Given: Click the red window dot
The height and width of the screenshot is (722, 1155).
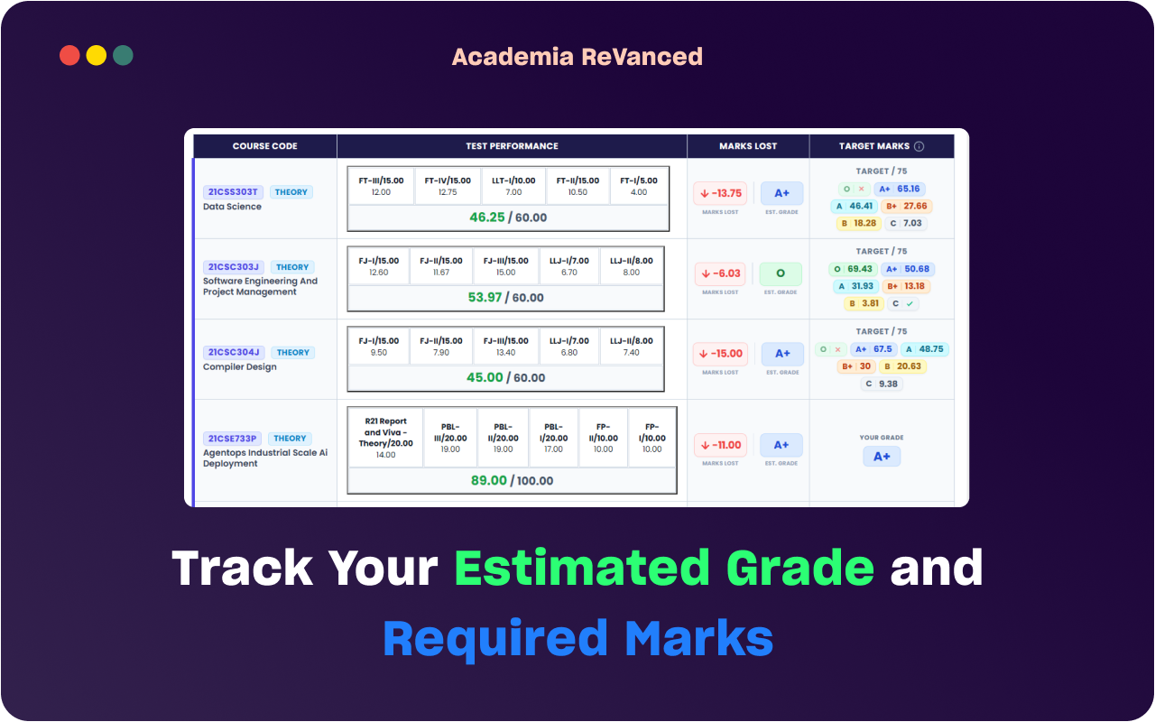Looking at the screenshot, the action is point(69,55).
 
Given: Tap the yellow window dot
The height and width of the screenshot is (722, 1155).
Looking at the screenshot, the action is point(97,55).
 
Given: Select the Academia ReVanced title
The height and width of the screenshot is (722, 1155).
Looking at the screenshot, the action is point(577,57).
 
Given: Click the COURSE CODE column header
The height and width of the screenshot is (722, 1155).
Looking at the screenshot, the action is point(265,146).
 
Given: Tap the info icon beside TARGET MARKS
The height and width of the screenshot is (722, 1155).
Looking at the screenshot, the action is point(919,146).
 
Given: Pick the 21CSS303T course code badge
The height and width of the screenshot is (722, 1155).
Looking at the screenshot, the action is point(233,192).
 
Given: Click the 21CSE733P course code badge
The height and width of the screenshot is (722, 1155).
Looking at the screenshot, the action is point(232,439).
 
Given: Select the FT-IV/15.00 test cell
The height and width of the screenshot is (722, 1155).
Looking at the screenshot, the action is point(448,186).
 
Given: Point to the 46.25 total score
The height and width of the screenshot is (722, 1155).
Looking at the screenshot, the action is point(486,218).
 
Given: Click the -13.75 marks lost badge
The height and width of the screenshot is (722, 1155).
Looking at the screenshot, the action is point(720,193).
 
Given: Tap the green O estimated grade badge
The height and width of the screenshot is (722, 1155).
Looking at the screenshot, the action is point(781,273).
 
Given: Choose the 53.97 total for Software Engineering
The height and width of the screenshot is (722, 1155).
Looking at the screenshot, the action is point(485,298).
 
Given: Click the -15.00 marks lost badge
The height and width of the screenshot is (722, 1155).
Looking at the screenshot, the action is point(720,354).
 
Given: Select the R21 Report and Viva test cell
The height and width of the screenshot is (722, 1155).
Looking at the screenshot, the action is point(385,438).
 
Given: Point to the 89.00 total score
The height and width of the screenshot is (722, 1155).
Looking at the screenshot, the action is point(489,481).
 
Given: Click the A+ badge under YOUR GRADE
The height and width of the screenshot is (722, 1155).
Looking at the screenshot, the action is point(882,457).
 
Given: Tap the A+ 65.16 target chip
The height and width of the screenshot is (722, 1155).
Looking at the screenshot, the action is point(900,189).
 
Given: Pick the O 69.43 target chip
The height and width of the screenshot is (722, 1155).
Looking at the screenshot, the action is point(853,269).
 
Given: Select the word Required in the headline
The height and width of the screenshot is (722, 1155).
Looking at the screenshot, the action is point(495,640).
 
